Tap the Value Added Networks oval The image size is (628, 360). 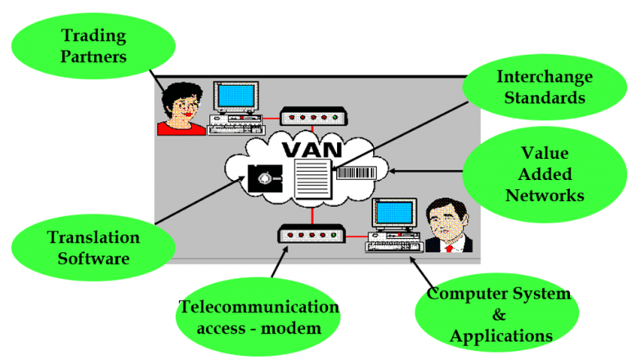tap(545, 174)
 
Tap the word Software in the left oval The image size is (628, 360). tap(93, 260)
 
